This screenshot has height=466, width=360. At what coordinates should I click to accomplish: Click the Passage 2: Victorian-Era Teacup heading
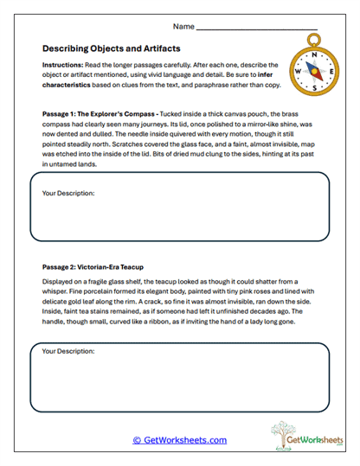(x=93, y=268)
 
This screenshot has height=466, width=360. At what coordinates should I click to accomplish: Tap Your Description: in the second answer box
(x=68, y=351)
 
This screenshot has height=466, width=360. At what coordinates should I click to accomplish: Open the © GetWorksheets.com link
(x=179, y=439)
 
